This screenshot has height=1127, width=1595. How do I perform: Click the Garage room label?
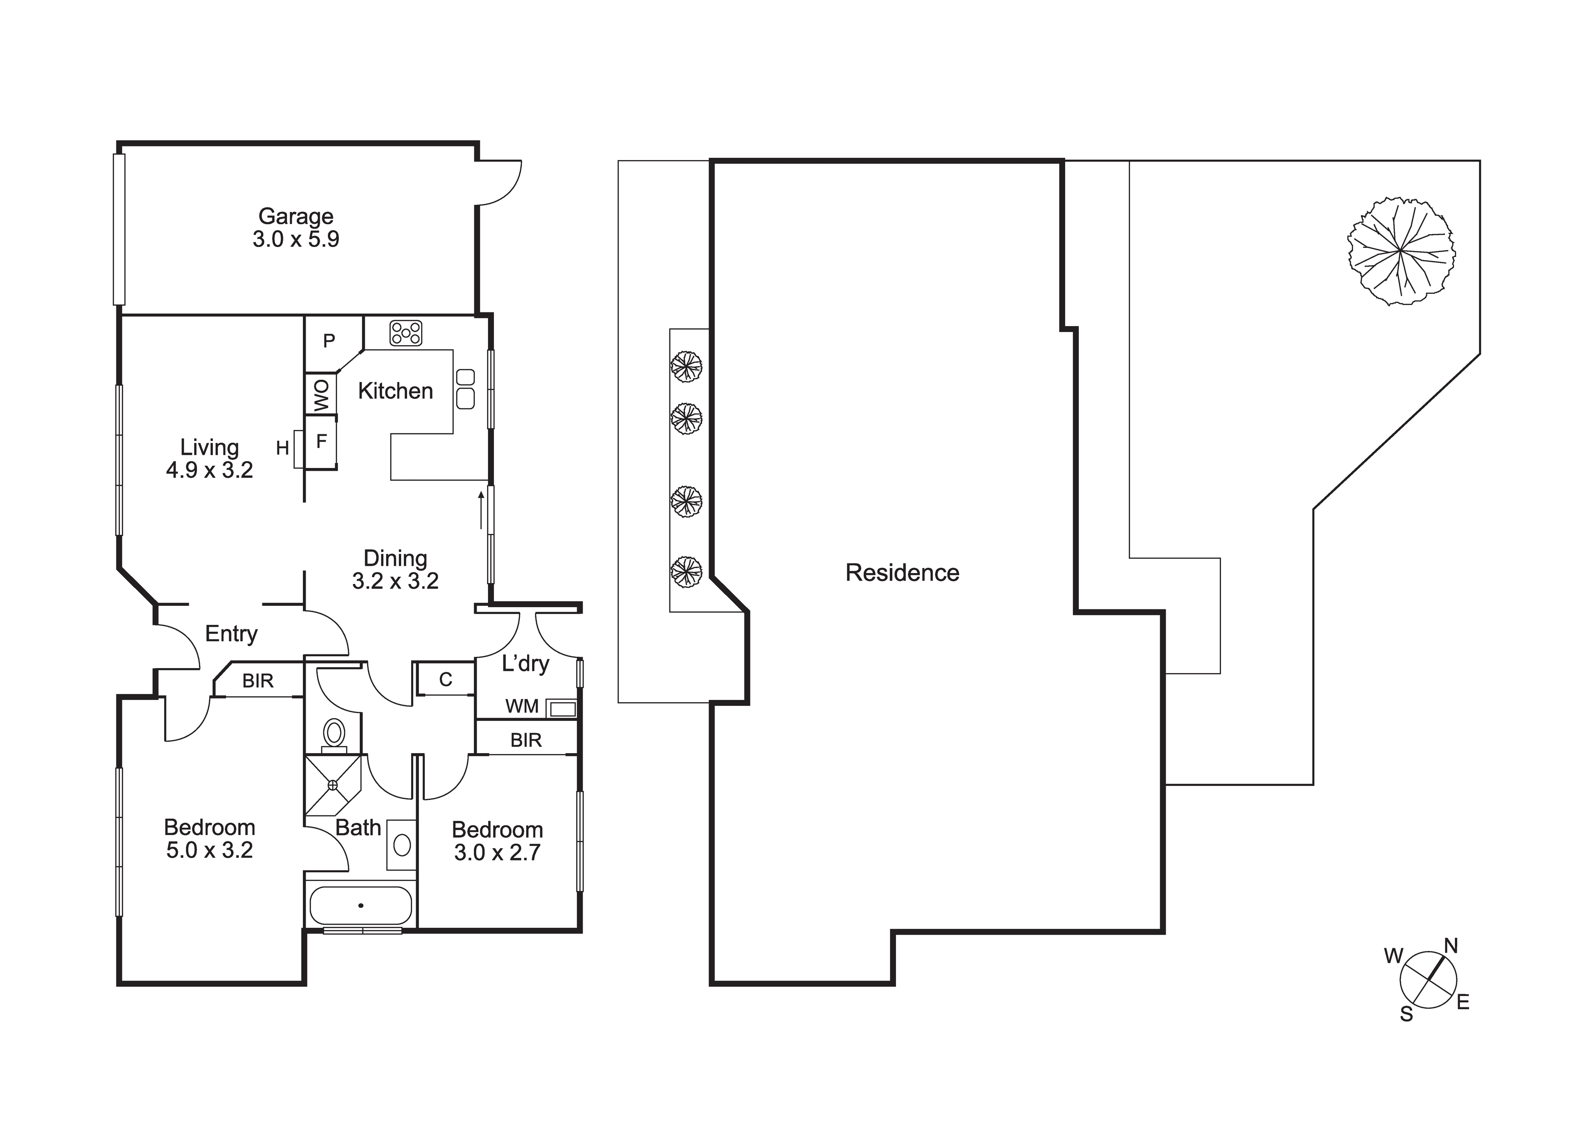coord(296,228)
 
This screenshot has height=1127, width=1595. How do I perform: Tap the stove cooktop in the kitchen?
coord(406,333)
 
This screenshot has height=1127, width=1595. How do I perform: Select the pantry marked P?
coord(329,341)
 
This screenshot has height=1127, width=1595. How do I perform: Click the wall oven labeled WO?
coord(322,395)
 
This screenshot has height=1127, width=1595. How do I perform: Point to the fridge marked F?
coord(322,441)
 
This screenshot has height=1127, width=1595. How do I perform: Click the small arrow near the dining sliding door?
coord(481,510)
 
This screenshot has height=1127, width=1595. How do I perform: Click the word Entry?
coord(231,634)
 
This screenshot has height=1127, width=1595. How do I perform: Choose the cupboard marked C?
coord(445,679)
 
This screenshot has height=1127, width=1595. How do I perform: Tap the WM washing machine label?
coord(522,707)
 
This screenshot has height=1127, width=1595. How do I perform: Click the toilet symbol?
coord(334,735)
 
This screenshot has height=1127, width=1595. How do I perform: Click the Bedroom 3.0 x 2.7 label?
coord(498,841)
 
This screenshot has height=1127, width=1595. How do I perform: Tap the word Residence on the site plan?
coord(902,573)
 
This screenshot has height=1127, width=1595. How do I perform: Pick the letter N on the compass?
coord(1451,946)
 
